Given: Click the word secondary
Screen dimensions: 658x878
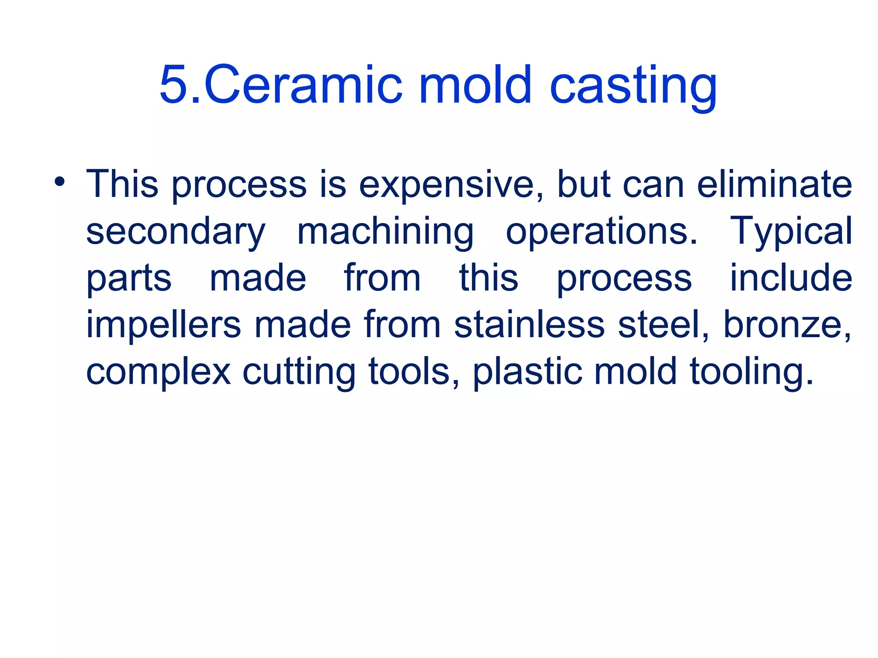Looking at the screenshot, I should (176, 232).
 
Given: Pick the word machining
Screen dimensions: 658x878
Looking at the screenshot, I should (385, 232).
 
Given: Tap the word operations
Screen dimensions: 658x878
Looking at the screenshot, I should (601, 232).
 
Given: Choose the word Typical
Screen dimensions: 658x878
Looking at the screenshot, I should (791, 232).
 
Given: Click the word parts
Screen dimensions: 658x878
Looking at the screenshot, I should (129, 278).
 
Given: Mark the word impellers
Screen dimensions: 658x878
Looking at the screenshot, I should (164, 325).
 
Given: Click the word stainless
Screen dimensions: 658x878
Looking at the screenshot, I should (529, 325).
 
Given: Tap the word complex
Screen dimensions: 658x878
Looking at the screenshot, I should (159, 372).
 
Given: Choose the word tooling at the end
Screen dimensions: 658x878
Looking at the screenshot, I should (751, 372).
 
